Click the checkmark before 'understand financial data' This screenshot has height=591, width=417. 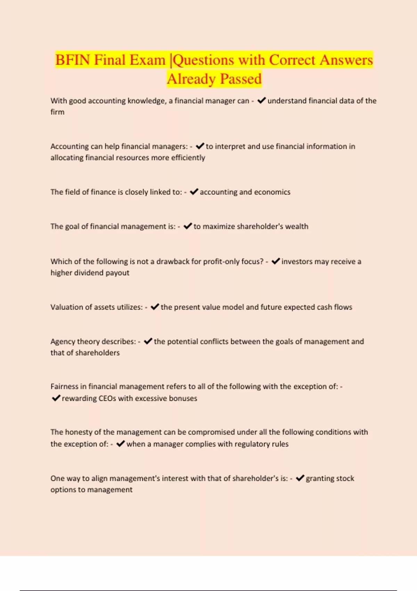[262, 100]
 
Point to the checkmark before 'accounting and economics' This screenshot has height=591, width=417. [194, 192]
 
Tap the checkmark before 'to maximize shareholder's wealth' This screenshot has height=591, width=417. [188, 226]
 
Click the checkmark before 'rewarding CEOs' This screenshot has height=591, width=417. [56, 398]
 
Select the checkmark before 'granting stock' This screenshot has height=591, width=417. [300, 478]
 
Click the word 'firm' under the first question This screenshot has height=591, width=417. [57, 112]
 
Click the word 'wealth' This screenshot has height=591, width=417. [296, 226]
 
